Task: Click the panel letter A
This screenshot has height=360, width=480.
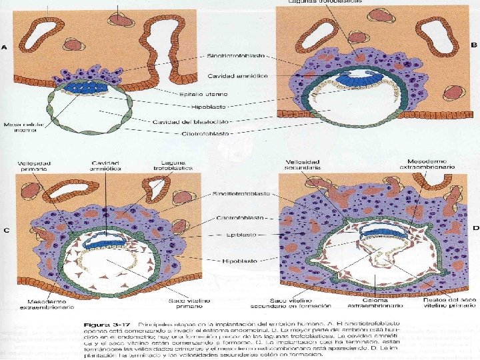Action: (5, 47)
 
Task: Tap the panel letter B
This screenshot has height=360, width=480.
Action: (474, 45)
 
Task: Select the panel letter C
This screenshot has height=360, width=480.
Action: (5, 231)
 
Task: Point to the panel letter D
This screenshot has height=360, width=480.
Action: (475, 227)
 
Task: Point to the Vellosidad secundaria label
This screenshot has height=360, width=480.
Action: (304, 165)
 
